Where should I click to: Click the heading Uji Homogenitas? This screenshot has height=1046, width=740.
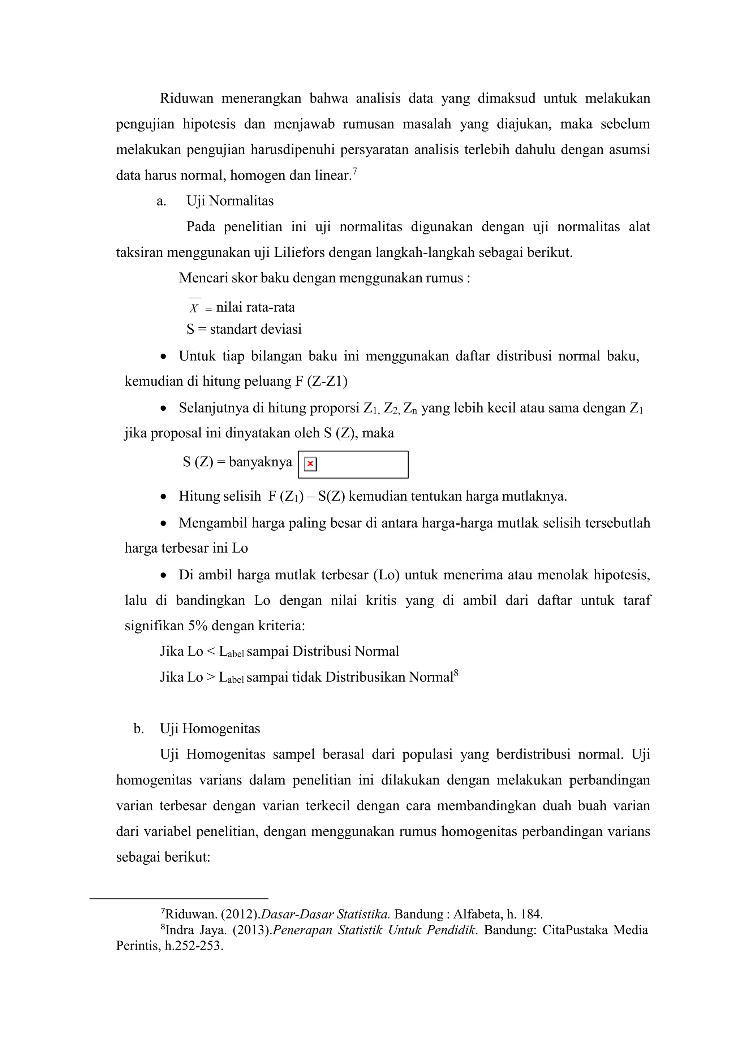(210, 729)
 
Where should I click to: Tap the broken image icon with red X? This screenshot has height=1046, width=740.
(310, 464)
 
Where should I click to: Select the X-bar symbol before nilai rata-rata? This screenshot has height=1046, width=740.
(194, 307)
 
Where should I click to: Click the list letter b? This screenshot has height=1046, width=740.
(138, 729)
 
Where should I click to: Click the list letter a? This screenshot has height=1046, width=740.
(161, 202)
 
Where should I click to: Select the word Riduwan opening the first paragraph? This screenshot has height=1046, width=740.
(186, 98)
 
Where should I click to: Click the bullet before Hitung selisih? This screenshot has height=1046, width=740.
(164, 497)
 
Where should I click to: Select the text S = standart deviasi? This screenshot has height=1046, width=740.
(244, 329)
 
